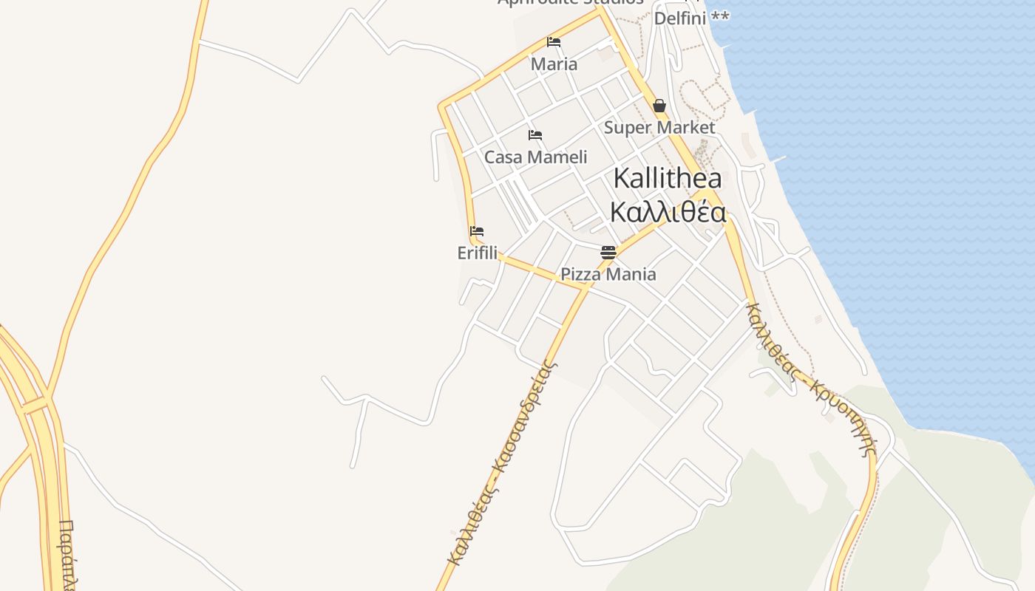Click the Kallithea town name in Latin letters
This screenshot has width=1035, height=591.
point(668,179)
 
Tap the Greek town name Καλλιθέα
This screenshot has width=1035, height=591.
point(668,212)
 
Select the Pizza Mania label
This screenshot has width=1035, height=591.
point(608,274)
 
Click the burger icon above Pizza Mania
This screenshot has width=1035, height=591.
point(608,253)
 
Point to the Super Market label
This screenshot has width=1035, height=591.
point(659,128)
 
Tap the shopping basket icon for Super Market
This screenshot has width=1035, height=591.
point(659,106)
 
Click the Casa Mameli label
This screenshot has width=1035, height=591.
point(535,157)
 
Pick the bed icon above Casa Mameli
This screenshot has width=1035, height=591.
point(535,135)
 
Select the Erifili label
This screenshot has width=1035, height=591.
point(477,253)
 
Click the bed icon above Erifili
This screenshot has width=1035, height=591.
point(477,231)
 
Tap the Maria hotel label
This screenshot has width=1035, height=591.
point(554,64)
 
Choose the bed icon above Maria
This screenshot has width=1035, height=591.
point(554,42)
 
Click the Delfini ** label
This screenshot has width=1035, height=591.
point(691,18)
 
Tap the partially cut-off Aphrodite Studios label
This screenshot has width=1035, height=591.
point(570,3)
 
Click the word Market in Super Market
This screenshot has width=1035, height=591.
point(689,128)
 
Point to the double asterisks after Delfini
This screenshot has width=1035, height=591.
point(719,17)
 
